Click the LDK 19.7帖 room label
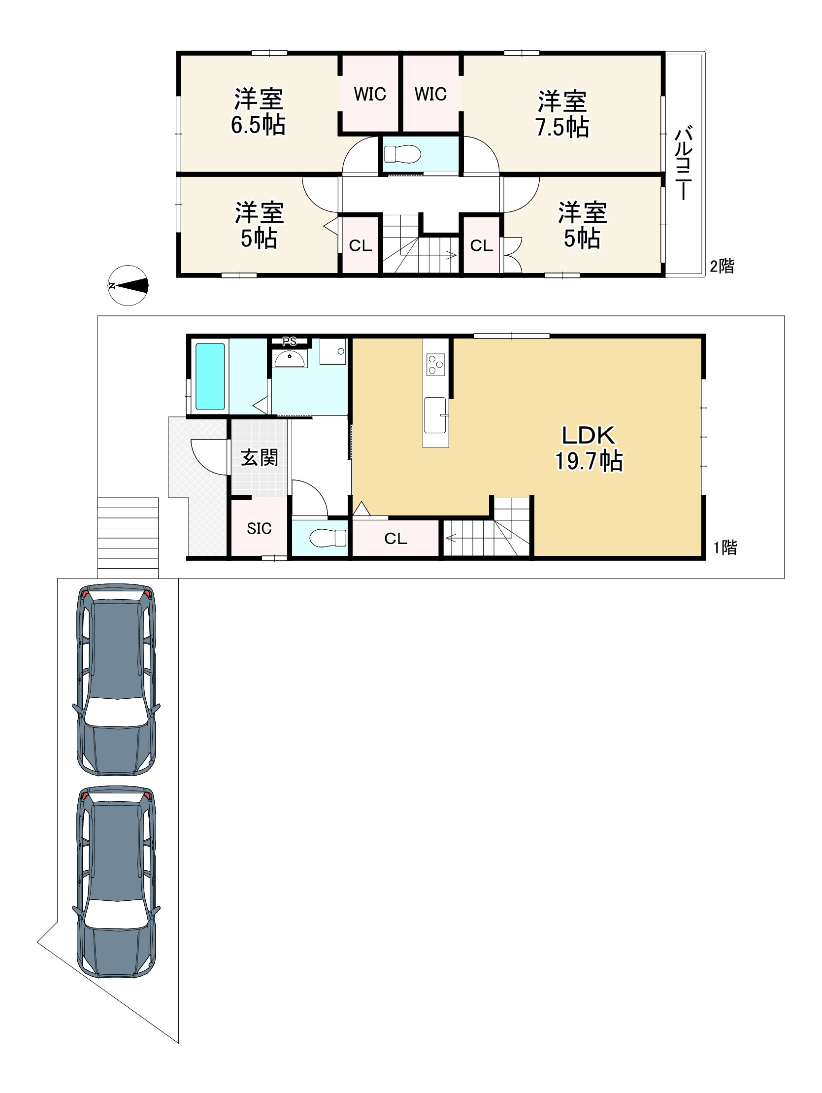click(x=589, y=448)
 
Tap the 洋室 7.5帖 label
click(x=562, y=114)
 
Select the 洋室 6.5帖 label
click(x=259, y=112)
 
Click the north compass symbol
click(x=128, y=285)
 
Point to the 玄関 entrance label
click(x=260, y=458)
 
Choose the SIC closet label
click(x=260, y=529)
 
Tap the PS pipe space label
click(x=290, y=341)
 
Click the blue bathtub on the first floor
click(x=210, y=376)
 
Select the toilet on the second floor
click(x=402, y=154)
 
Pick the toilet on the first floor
click(x=328, y=538)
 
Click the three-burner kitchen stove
click(x=435, y=365)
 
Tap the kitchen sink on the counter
click(x=435, y=415)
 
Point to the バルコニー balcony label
click(x=683, y=163)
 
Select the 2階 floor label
click(x=722, y=267)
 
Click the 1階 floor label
click(x=724, y=547)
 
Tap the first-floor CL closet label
click(x=395, y=539)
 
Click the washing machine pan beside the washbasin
click(x=332, y=351)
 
